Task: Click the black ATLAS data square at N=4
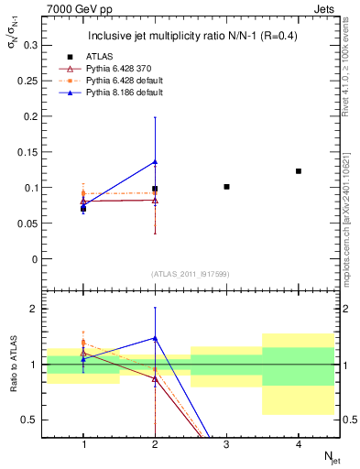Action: click(x=299, y=171)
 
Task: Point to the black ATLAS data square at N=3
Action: click(x=226, y=187)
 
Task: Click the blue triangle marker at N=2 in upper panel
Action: click(x=155, y=162)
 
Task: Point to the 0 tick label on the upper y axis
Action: click(x=36, y=259)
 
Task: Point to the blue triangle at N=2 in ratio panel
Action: click(x=155, y=338)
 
